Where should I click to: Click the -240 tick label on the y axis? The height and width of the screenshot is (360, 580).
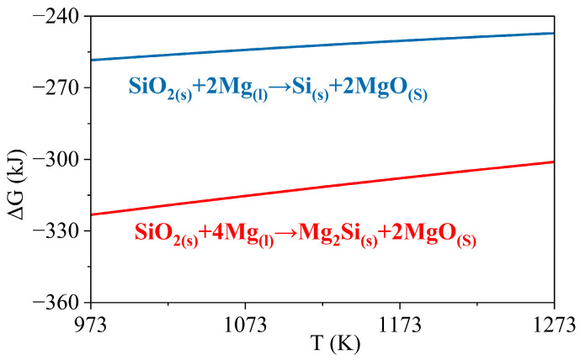[57, 16]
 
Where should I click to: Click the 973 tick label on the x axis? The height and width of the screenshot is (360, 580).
[91, 322]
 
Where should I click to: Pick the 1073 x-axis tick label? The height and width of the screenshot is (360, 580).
[245, 322]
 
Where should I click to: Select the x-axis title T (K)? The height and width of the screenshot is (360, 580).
[322, 345]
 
